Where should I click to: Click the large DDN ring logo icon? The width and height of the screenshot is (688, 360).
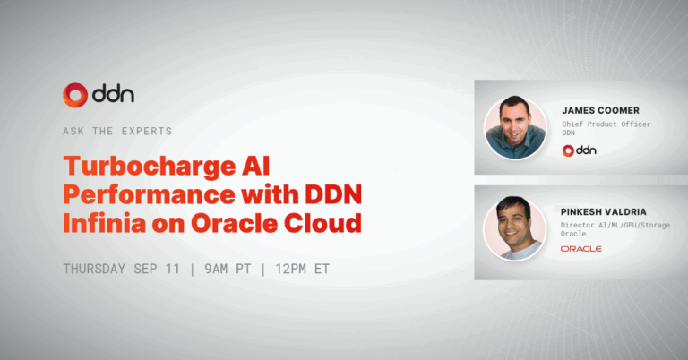(x=75, y=95)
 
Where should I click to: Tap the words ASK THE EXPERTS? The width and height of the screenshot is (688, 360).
(x=117, y=131)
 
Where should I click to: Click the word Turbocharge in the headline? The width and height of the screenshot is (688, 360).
(x=150, y=167)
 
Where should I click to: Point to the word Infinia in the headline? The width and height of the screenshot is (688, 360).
(x=105, y=223)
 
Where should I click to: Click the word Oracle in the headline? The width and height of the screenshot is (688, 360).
(x=235, y=223)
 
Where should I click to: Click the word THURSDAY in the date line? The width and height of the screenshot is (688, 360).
(x=94, y=269)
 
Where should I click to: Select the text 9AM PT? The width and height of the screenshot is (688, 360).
(x=228, y=269)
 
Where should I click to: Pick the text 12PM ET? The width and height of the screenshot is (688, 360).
(x=302, y=269)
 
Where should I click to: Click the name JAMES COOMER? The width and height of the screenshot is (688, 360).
(x=601, y=110)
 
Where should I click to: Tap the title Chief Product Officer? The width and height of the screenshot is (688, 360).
(x=606, y=124)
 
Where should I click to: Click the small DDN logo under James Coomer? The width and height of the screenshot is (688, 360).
(x=580, y=150)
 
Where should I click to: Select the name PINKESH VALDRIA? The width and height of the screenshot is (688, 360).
(x=603, y=211)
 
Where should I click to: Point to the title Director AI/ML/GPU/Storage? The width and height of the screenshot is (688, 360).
(x=615, y=225)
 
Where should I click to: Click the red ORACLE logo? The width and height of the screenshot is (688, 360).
(x=580, y=249)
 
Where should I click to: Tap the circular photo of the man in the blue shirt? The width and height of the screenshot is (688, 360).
(x=515, y=127)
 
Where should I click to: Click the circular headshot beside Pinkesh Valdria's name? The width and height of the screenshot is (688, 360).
(x=515, y=228)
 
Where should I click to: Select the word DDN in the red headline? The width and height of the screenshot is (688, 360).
(x=333, y=194)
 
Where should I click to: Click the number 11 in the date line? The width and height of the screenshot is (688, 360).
(x=173, y=269)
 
